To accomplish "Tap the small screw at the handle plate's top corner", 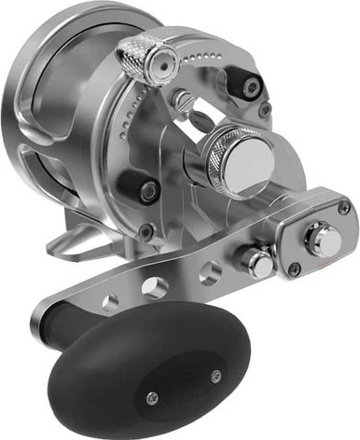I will [x=344, y=208].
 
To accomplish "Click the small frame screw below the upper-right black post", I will [x=265, y=109].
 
